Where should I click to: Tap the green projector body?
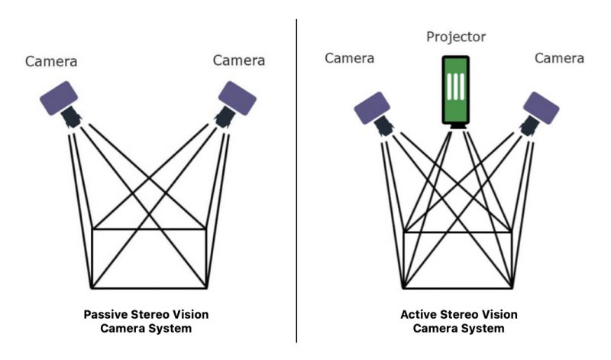tap(456, 89)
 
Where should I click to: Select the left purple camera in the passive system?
tap(60, 99)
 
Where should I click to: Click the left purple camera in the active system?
tap(373, 108)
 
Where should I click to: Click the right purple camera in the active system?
tap(541, 108)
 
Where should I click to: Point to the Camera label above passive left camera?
tap(52, 60)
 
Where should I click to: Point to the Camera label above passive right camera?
tap(238, 60)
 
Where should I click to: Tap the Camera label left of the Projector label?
tap(351, 58)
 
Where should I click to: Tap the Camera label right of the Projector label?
tap(559, 58)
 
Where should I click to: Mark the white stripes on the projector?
tap(456, 86)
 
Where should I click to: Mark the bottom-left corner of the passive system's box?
tap(92, 288)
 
